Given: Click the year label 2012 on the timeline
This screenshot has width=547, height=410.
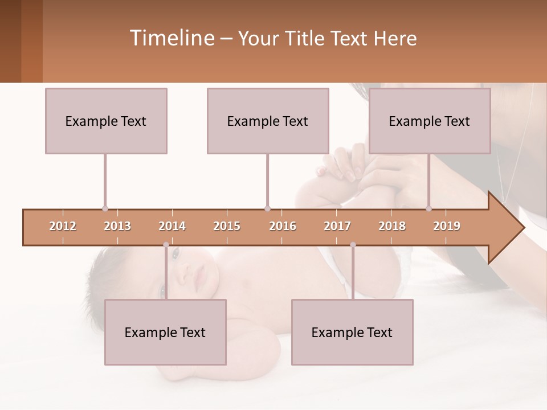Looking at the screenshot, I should pyautogui.click(x=63, y=226).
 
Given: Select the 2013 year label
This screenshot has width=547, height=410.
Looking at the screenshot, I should pyautogui.click(x=117, y=226).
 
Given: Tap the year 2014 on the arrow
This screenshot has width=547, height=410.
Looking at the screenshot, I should pyautogui.click(x=172, y=226).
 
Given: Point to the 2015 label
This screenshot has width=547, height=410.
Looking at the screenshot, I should pyautogui.click(x=227, y=226).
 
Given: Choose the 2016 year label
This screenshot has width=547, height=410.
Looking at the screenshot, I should pyautogui.click(x=283, y=226).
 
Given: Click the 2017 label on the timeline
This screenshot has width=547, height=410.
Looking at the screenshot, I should pyautogui.click(x=337, y=226).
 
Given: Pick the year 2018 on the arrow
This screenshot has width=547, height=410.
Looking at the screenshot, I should pyautogui.click(x=392, y=226).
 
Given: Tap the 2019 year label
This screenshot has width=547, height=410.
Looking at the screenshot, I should pyautogui.click(x=447, y=226).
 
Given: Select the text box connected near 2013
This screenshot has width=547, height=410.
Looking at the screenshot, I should pyautogui.click(x=106, y=121).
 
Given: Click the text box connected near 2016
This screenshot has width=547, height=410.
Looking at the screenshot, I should pyautogui.click(x=268, y=121).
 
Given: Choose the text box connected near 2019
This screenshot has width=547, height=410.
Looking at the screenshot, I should pyautogui.click(x=430, y=121).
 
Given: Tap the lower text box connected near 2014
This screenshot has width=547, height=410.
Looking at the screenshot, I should pyautogui.click(x=165, y=332).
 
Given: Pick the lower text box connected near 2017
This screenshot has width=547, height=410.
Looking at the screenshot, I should pyautogui.click(x=352, y=332).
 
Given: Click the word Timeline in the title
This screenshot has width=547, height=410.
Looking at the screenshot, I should pyautogui.click(x=171, y=38).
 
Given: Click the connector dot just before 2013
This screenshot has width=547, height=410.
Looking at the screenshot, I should pyautogui.click(x=105, y=208).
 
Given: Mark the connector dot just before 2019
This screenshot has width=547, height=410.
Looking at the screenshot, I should pyautogui.click(x=429, y=208).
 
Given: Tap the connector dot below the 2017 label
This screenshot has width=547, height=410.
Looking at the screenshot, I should pyautogui.click(x=353, y=245).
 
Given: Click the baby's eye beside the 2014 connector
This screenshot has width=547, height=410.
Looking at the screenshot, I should pyautogui.click(x=175, y=251).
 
